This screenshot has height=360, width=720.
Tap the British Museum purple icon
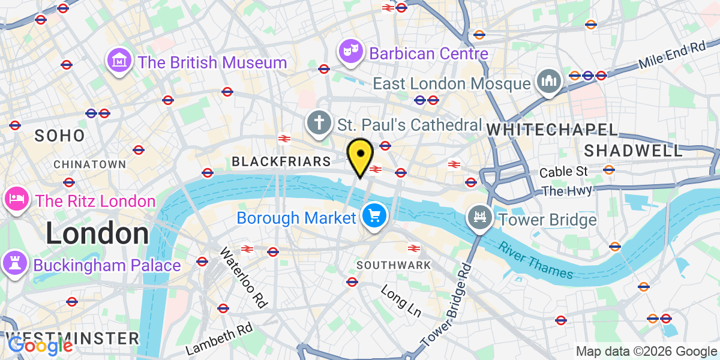119,61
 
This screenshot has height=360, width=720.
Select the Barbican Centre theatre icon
351,52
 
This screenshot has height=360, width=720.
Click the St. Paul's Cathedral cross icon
319,123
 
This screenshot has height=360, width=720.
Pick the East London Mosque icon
548,82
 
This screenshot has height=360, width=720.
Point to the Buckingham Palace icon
16,263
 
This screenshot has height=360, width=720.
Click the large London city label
97,233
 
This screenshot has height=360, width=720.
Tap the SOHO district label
59,136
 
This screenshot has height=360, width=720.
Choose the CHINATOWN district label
89,164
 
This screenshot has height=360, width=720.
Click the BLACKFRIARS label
281,161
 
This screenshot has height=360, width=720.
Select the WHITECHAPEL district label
552,130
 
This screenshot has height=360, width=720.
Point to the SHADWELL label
634,150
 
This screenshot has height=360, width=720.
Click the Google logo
40,346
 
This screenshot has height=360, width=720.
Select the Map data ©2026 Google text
646,351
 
